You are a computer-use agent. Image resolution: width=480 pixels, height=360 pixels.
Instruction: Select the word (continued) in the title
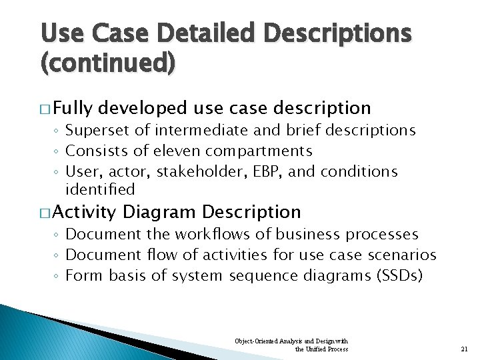[x=108, y=63]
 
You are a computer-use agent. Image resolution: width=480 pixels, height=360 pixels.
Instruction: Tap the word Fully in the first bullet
[x=74, y=107]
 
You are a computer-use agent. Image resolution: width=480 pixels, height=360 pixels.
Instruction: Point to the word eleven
[x=178, y=151]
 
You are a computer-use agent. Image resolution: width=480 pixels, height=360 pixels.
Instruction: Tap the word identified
[x=100, y=190]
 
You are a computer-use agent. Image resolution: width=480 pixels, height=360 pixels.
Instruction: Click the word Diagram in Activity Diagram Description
[x=160, y=212]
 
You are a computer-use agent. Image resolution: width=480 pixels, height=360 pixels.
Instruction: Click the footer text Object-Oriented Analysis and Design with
[x=291, y=341]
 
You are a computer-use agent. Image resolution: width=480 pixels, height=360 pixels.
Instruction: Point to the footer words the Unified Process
[x=321, y=349]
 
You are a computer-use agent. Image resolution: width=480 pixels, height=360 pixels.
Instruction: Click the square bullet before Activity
[x=45, y=213]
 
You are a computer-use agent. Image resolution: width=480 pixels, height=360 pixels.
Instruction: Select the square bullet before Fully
[x=45, y=108]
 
